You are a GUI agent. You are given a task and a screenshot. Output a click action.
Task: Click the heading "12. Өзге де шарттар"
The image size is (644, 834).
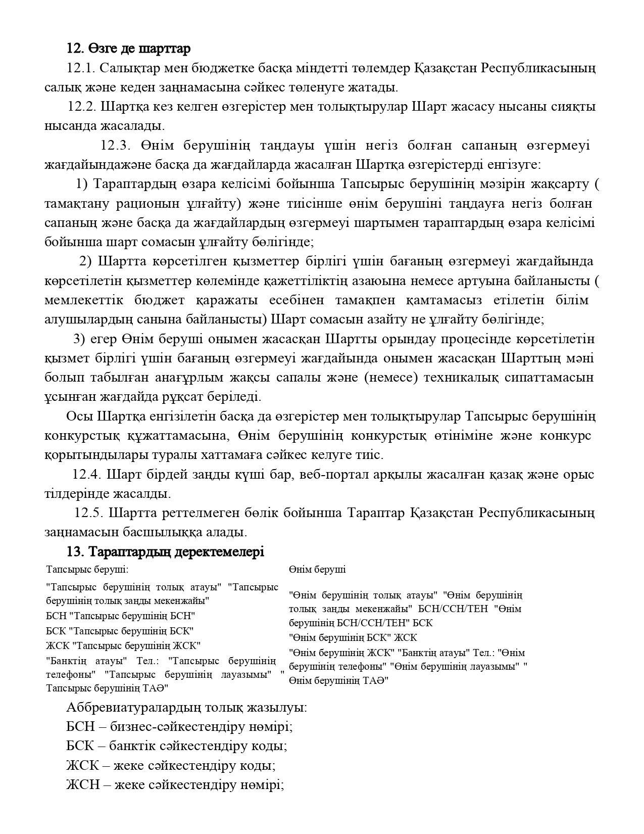[129, 49]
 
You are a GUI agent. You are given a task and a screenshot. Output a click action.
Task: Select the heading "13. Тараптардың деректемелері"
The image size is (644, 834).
[166, 551]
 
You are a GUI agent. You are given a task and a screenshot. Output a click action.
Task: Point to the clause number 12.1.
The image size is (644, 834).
[80, 68]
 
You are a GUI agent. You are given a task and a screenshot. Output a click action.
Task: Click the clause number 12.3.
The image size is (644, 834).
[116, 146]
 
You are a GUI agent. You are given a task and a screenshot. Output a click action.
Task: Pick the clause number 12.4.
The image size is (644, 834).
[87, 475]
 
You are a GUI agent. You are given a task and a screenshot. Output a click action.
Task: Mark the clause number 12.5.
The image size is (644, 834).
[88, 513]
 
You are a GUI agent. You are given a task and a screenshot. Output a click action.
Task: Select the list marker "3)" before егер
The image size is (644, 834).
[79, 339]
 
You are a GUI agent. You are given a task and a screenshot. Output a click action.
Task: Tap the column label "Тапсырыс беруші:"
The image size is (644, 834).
[87, 570]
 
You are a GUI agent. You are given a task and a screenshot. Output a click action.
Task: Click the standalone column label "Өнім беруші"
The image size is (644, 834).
[317, 570]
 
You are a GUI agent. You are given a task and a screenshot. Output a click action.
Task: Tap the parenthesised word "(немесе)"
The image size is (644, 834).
[390, 378]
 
